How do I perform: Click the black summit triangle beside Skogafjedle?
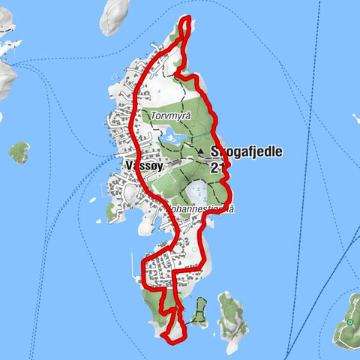coord(202,151)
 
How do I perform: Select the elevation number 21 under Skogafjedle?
coord(217,169)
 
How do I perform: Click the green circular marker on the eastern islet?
coord(349,322)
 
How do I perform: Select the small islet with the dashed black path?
coord(199,311)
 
